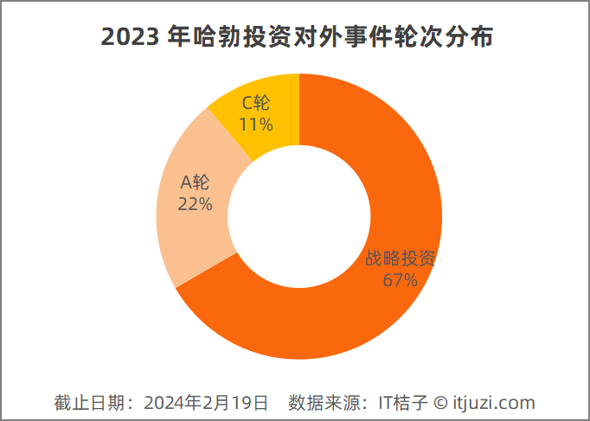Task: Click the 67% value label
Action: [x=400, y=280]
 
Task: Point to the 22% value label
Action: [x=195, y=204]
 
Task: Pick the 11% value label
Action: [x=256, y=124]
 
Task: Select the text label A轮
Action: [x=195, y=183]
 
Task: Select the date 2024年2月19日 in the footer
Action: [x=206, y=403]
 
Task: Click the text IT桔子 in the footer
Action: [x=404, y=403]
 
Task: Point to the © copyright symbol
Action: [x=440, y=403]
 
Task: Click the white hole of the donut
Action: [x=298, y=216]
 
